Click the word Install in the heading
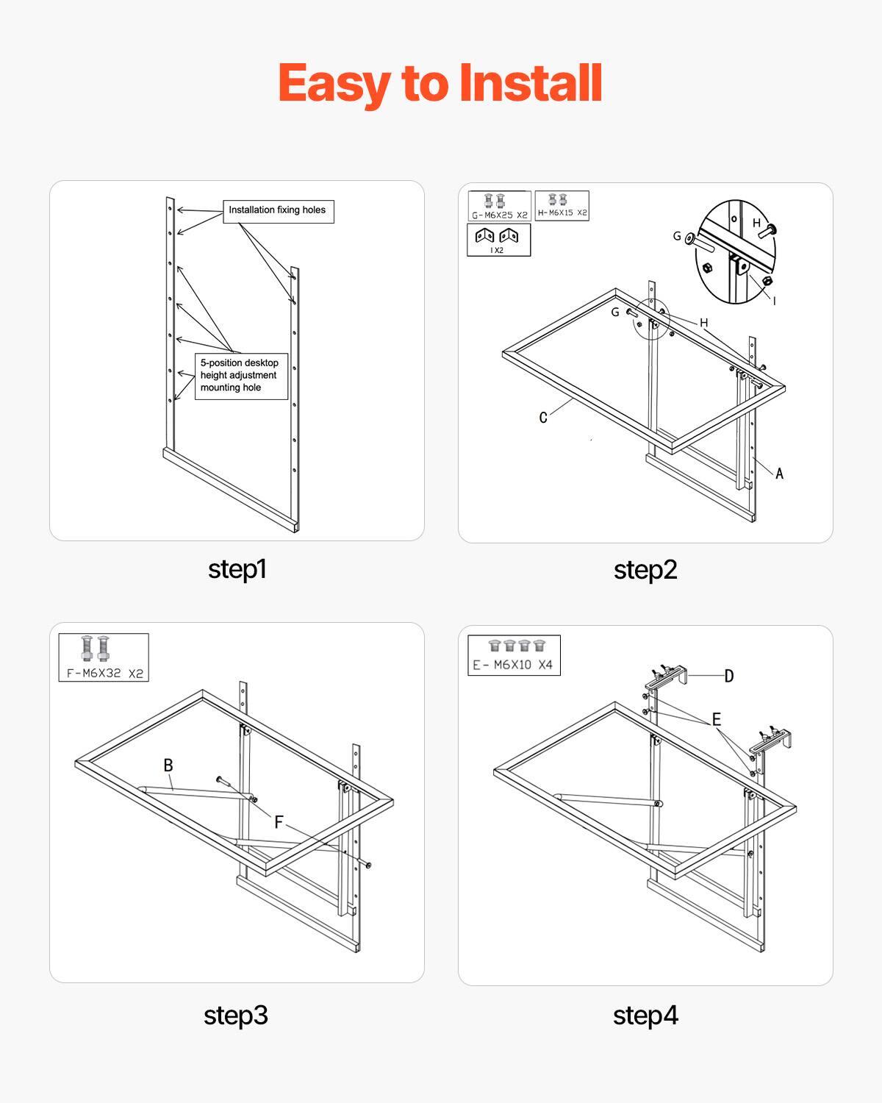coord(530,83)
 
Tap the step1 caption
coord(237,569)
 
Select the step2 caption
coord(645,570)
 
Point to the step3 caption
coord(236,1015)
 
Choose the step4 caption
coord(645,1015)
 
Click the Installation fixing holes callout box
coord(278,211)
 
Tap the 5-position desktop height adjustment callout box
coord(241,376)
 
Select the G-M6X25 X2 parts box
coord(499,206)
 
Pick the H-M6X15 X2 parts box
coord(562,205)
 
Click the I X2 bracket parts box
coord(498,240)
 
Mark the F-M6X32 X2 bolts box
coord(104,657)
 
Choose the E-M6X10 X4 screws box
coord(514,655)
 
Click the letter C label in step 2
coord(543,418)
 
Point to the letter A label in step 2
coord(779,474)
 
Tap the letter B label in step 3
coord(168,765)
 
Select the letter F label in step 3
coord(279,822)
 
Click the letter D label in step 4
coord(728,676)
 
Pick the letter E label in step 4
coord(716,719)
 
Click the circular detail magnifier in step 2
coord(736,251)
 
